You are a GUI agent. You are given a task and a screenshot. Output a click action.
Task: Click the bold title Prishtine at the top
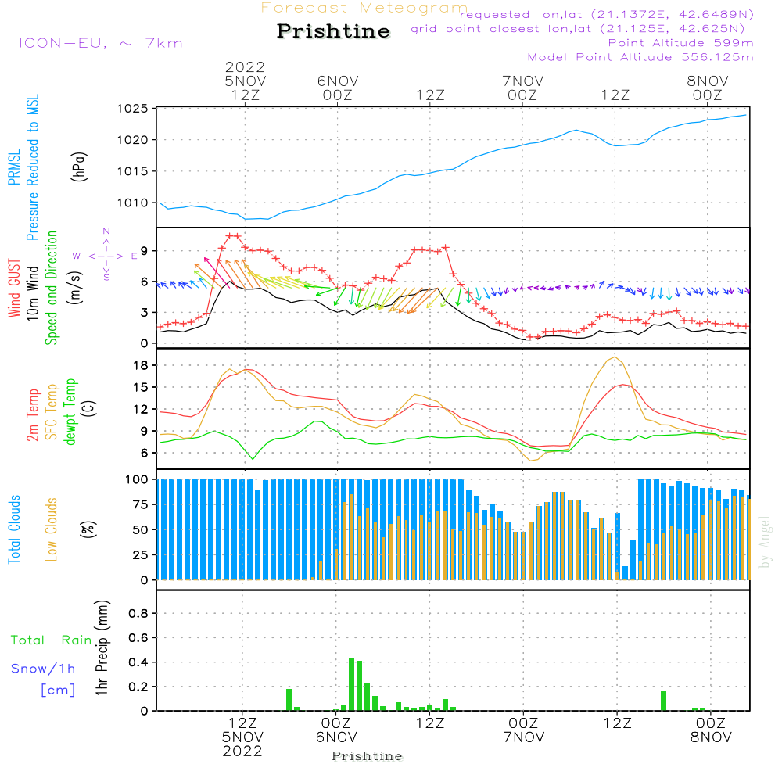(x=333, y=31)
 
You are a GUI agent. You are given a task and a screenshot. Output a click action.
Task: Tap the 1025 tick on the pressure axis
(x=133, y=108)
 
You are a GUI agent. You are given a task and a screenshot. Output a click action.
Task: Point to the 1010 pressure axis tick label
(x=133, y=203)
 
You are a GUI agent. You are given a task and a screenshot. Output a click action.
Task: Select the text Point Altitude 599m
(x=680, y=43)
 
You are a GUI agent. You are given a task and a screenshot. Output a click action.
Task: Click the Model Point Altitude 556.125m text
(x=640, y=57)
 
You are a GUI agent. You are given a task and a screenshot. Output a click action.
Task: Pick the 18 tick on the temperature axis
(x=141, y=365)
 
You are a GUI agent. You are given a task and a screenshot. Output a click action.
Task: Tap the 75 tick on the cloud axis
(x=141, y=504)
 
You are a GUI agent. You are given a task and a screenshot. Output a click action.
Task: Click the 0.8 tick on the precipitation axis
(x=138, y=613)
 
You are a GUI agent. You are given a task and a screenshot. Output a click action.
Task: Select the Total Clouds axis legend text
(x=14, y=529)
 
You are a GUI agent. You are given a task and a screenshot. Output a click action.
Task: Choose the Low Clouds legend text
(x=52, y=529)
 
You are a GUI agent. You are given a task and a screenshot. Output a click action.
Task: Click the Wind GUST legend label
(x=14, y=288)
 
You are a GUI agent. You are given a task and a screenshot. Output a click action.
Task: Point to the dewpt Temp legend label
(x=70, y=411)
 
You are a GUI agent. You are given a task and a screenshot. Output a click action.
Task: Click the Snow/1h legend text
(x=43, y=669)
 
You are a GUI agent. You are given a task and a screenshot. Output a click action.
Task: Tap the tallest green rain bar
(x=351, y=684)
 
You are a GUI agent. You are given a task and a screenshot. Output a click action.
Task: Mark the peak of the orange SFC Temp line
(x=615, y=357)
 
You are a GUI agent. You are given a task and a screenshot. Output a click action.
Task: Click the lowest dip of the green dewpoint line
(x=253, y=459)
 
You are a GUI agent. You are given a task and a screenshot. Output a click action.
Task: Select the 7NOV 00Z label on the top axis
(x=522, y=88)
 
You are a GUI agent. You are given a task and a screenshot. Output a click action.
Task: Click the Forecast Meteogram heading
(x=364, y=8)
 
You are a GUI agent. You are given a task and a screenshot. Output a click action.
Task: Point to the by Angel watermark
(x=765, y=542)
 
